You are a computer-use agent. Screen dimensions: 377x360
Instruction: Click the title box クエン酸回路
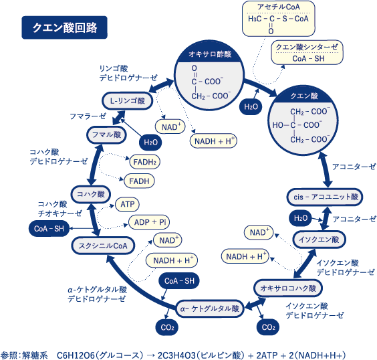(64, 27)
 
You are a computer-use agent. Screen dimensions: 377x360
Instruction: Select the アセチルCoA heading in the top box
(279, 7)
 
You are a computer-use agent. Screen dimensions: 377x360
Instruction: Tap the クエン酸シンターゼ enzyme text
(307, 47)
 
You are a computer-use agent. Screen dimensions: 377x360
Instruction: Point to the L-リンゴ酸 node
(128, 100)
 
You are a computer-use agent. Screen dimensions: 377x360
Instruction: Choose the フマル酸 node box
(106, 134)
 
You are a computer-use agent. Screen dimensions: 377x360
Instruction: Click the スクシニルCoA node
(103, 246)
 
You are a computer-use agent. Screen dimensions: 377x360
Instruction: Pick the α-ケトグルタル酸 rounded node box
(209, 308)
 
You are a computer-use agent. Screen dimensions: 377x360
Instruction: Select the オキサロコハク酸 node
(288, 288)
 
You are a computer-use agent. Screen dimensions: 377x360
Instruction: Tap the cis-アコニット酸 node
(325, 197)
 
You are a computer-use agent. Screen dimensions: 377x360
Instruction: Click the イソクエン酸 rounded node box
(319, 240)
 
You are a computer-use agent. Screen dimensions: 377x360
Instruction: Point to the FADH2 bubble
(145, 162)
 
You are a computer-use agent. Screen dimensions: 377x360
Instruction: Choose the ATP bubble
(127, 205)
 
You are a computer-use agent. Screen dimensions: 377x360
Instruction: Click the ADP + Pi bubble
(149, 222)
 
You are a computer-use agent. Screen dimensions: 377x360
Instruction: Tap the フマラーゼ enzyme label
(88, 116)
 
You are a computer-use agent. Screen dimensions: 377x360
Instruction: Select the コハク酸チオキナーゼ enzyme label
(59, 209)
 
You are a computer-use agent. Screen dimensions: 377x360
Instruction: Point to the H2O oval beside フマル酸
(150, 143)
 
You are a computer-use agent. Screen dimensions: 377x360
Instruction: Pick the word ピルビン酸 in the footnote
(222, 355)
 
